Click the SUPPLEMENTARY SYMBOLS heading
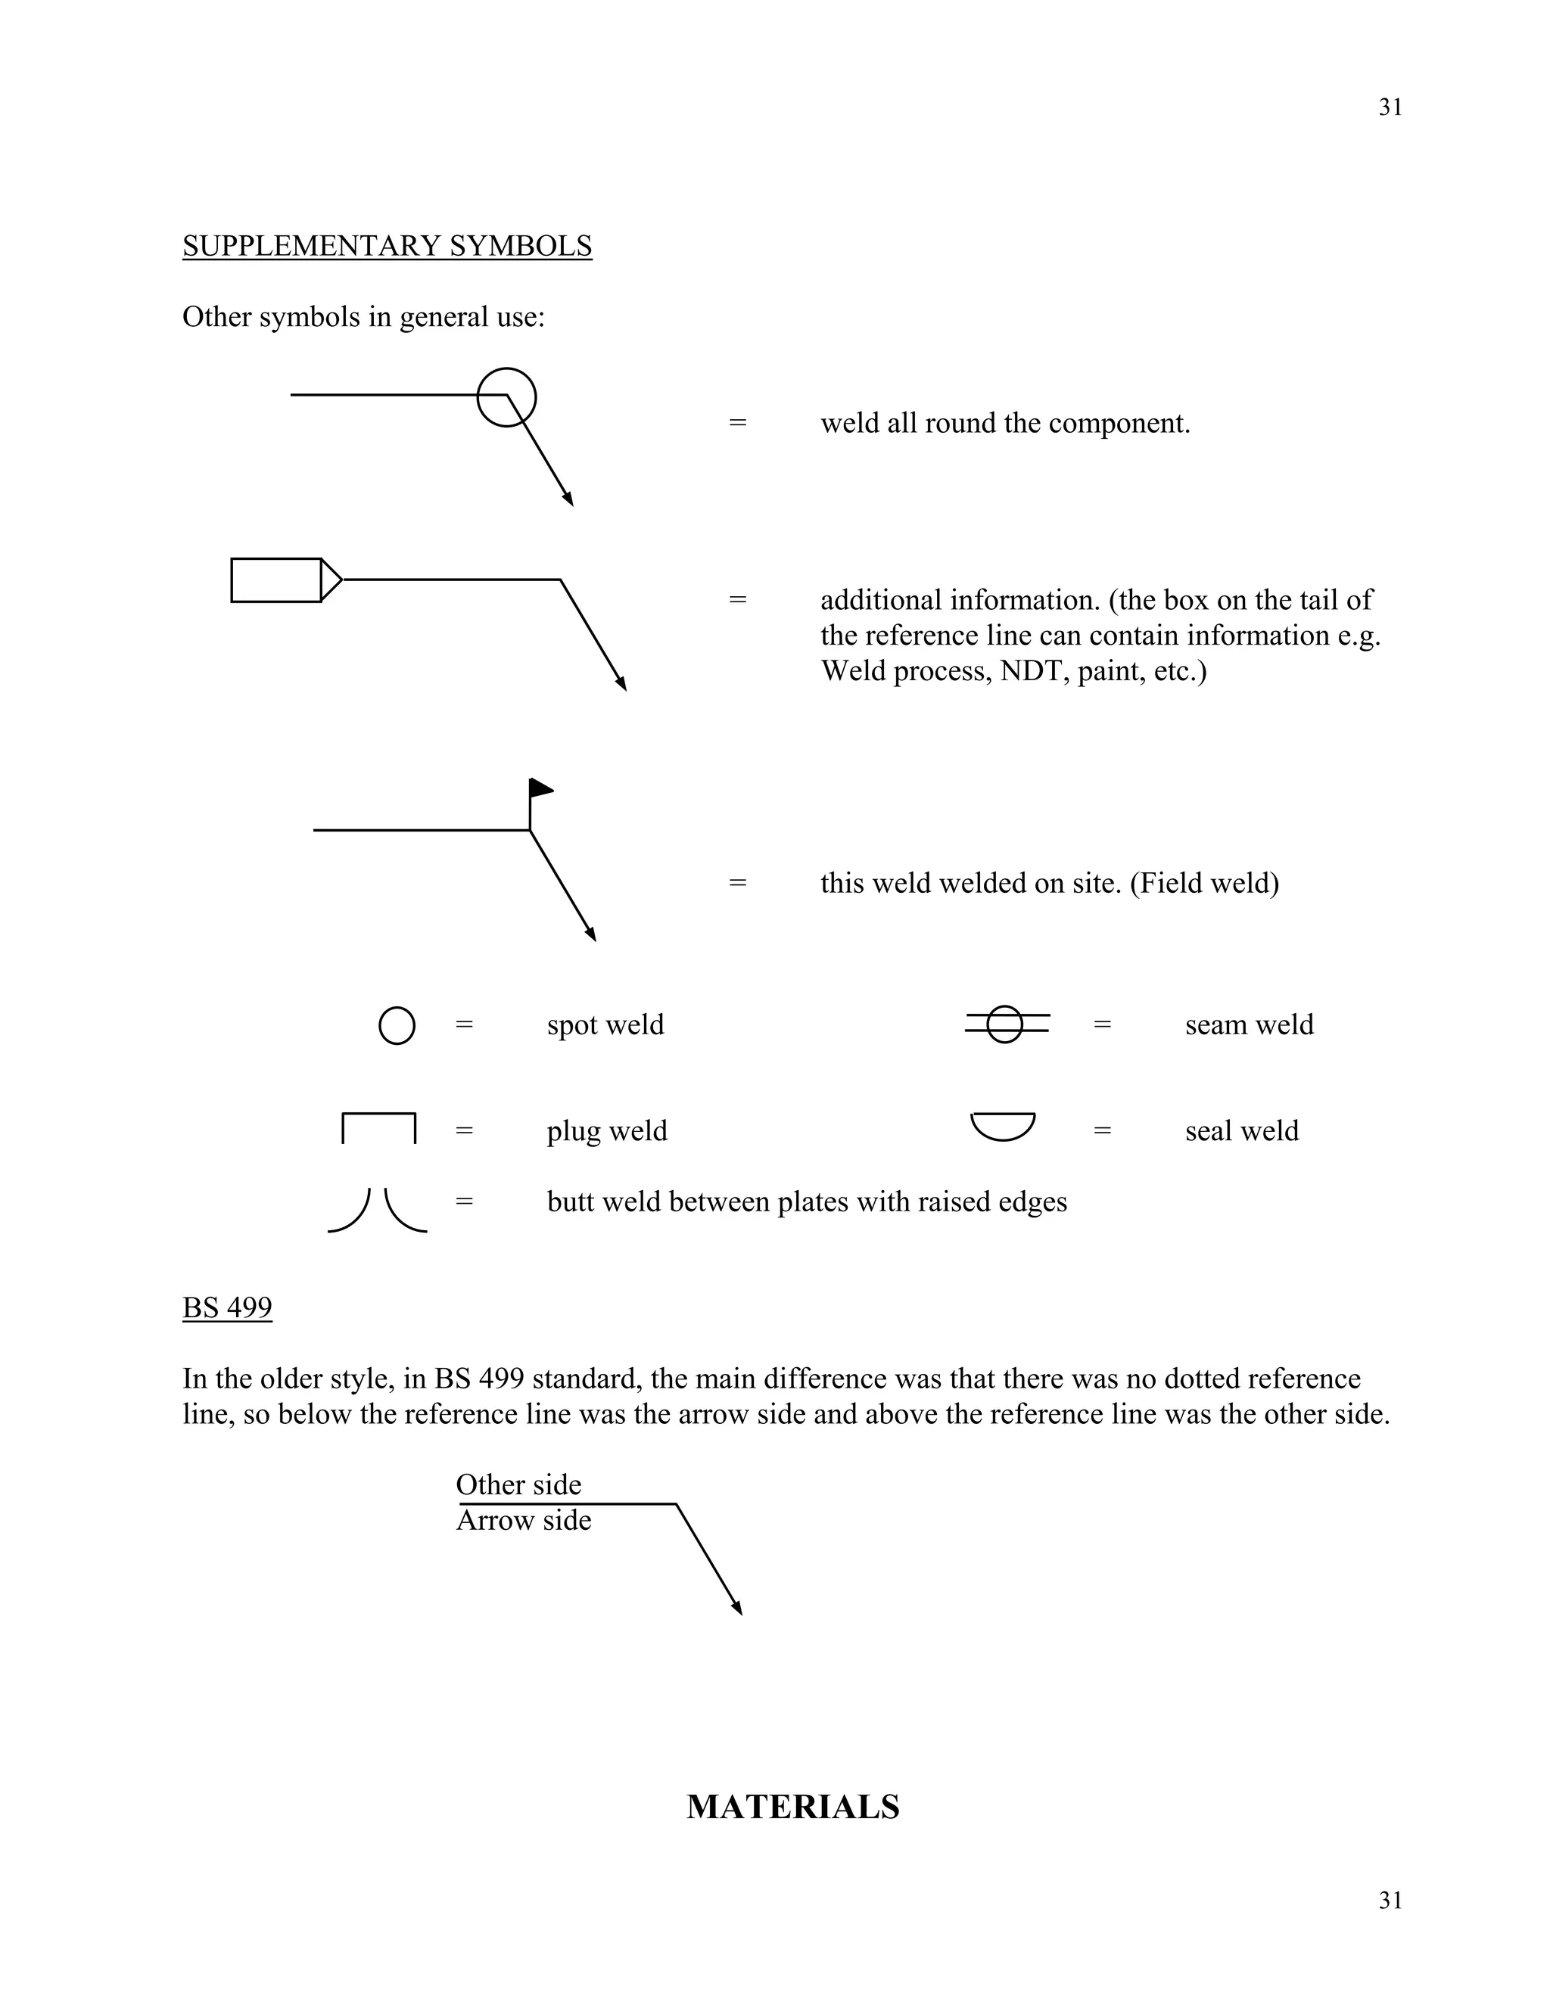[x=387, y=246]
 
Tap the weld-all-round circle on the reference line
[x=507, y=397]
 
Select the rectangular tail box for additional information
[x=275, y=580]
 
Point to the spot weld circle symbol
[x=397, y=1025]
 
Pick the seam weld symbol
[x=1006, y=1024]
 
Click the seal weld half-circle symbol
[x=1003, y=1126]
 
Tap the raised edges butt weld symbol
[x=378, y=1210]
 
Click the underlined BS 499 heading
[x=227, y=1307]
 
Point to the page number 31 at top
[x=1390, y=107]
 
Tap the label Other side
[x=518, y=1484]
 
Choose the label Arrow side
[x=524, y=1520]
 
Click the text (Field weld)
[x=1204, y=883]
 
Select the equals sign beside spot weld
[x=465, y=1024]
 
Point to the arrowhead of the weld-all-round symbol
[x=568, y=499]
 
